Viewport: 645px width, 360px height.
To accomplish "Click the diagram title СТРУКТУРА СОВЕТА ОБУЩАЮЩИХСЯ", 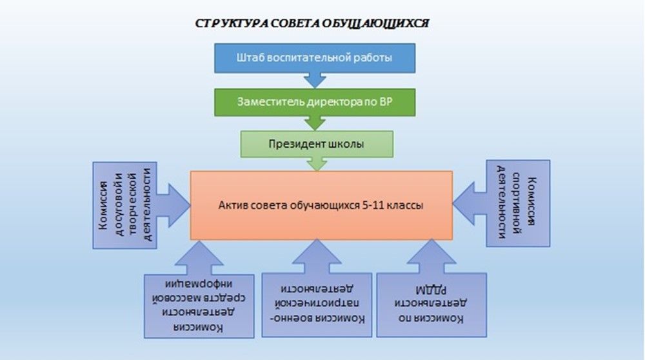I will click(312, 24).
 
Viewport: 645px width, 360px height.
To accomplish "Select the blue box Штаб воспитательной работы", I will click(315, 58).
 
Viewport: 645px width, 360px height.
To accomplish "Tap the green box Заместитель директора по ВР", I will click(315, 101).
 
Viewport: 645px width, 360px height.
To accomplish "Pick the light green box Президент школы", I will click(315, 144).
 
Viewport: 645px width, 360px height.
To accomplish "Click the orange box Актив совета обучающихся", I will click(321, 205).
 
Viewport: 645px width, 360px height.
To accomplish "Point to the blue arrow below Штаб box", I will click(315, 80).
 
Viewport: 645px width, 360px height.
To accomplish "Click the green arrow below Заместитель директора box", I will click(315, 122).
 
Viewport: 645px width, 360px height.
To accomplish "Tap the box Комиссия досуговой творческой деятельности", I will click(124, 205).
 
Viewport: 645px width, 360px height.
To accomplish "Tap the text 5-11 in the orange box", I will click(378, 205).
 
